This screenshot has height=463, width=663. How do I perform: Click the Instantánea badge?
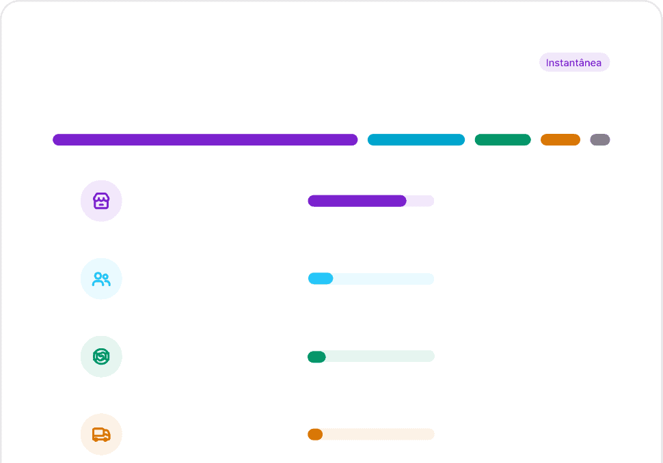(x=574, y=62)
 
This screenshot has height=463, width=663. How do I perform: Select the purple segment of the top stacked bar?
(x=205, y=140)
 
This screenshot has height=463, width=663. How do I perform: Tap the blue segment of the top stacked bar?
(x=416, y=140)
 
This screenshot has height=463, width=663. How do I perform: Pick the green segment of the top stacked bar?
(x=502, y=140)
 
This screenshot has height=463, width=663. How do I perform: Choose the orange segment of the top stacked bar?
(x=560, y=140)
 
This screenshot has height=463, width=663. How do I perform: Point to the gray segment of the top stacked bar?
(x=600, y=140)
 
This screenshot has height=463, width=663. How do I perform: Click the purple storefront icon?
(x=101, y=201)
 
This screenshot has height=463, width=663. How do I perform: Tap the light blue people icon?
(x=101, y=279)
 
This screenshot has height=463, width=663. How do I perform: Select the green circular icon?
(x=101, y=356)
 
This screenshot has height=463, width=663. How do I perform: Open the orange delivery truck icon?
(x=101, y=434)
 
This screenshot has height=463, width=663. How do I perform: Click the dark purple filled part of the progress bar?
(x=357, y=201)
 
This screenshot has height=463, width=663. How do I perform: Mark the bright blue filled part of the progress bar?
(x=320, y=279)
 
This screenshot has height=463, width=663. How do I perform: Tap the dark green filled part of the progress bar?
(x=316, y=356)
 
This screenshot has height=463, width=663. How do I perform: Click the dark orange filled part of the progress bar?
(x=314, y=434)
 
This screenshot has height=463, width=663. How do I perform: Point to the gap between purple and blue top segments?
(x=363, y=140)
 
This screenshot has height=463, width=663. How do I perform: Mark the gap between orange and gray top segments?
(x=585, y=140)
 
